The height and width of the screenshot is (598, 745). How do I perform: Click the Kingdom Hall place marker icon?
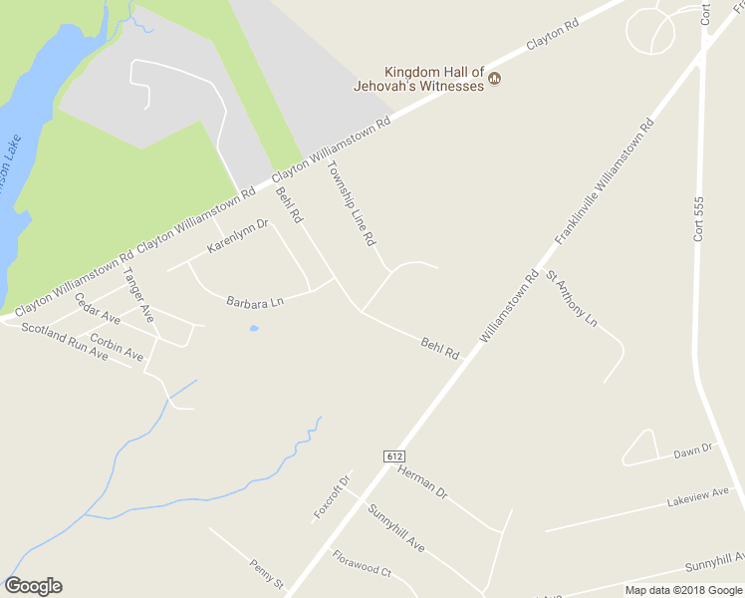click(494, 79)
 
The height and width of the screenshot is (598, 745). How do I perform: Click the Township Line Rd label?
click(351, 204)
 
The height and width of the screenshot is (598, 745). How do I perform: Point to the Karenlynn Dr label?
click(238, 236)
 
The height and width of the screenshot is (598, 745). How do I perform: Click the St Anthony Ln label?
click(571, 298)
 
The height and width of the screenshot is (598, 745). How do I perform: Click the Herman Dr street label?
click(423, 481)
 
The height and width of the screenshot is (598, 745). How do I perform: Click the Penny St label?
click(267, 573)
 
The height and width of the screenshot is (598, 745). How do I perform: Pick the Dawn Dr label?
click(694, 450)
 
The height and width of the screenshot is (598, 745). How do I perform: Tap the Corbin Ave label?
click(117, 346)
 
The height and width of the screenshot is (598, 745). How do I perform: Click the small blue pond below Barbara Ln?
click(254, 328)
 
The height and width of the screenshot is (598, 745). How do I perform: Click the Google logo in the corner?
click(33, 586)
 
